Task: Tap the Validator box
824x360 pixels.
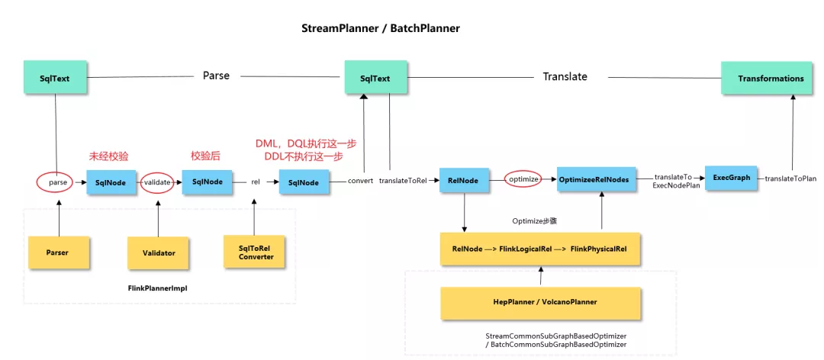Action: coord(159,253)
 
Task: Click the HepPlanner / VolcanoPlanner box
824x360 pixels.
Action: coord(541,304)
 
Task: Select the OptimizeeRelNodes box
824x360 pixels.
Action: coord(597,180)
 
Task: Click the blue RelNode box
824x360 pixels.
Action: coord(465,180)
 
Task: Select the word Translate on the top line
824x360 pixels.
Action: coord(565,76)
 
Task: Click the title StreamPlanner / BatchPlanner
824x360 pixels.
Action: coord(381,28)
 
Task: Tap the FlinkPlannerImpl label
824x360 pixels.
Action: coord(157,288)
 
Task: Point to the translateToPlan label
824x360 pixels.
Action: coord(790,178)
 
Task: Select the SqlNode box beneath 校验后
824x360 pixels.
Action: coord(208,182)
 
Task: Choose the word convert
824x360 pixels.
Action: coord(360,181)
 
